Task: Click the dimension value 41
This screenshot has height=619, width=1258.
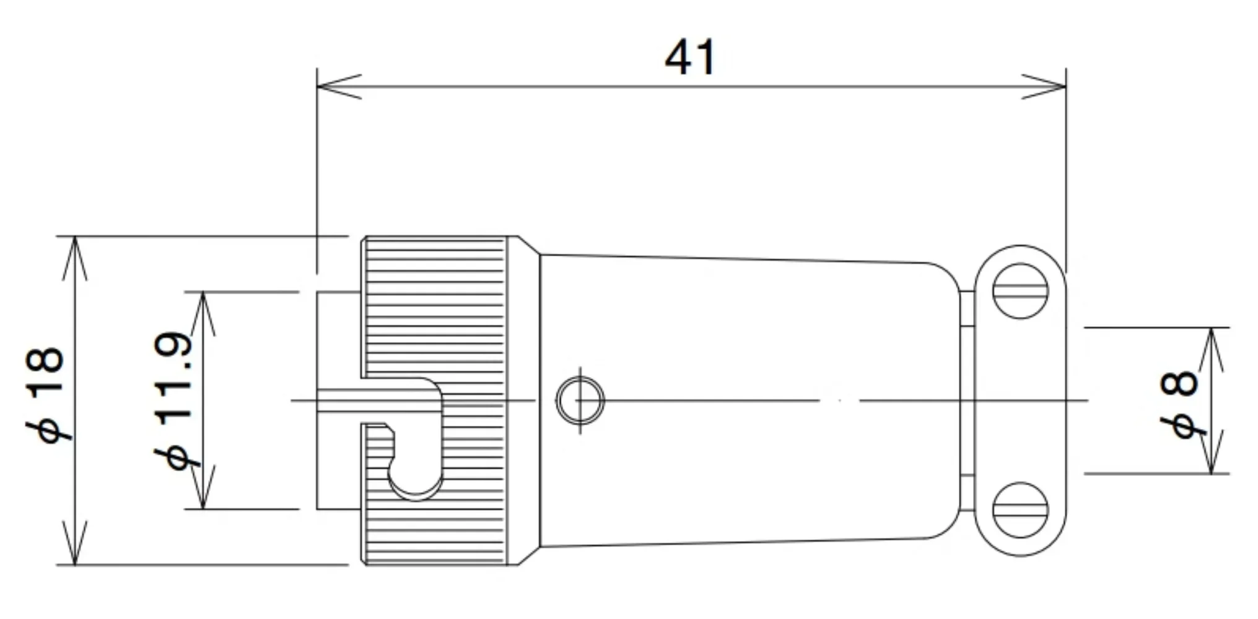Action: (x=690, y=58)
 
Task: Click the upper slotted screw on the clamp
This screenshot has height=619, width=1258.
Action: (x=1020, y=291)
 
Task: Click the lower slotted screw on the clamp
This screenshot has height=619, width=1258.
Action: (x=1020, y=510)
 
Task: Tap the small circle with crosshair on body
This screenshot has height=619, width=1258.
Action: (x=580, y=400)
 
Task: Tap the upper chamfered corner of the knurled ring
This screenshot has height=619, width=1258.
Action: (x=528, y=245)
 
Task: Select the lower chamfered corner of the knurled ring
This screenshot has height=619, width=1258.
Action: (x=528, y=556)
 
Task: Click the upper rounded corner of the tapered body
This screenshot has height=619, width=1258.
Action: (x=945, y=272)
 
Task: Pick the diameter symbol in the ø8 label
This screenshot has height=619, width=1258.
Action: (x=1182, y=427)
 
